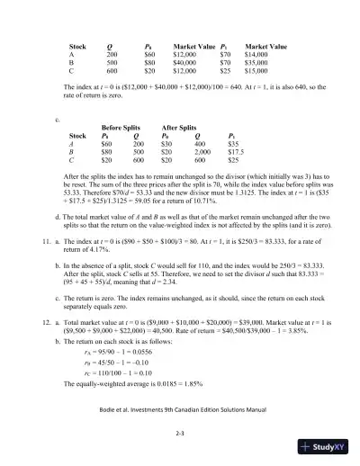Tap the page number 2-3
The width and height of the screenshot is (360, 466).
[x=180, y=433]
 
